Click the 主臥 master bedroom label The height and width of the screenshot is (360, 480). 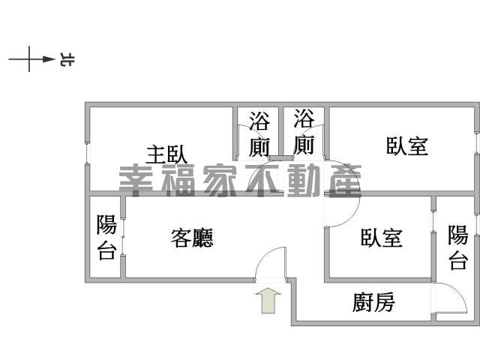pos(166,154)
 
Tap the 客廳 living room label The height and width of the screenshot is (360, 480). pos(192,238)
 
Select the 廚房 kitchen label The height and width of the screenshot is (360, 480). pos(373,302)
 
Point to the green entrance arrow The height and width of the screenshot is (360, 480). pos(268,301)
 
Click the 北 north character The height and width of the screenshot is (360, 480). pos(67,60)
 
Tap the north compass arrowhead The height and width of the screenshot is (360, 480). pos(49,59)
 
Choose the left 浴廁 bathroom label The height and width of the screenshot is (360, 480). pos(259,134)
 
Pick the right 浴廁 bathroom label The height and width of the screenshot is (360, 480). pos(304,132)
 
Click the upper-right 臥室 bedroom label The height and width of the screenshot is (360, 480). pos(407,146)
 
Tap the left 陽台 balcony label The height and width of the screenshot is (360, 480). pos(106,237)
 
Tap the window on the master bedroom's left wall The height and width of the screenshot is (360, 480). pos(87,153)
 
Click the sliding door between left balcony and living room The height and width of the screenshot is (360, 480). pos(122,237)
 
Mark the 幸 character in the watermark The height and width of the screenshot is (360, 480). pos(135,181)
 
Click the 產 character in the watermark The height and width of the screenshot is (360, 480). pos(344,180)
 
